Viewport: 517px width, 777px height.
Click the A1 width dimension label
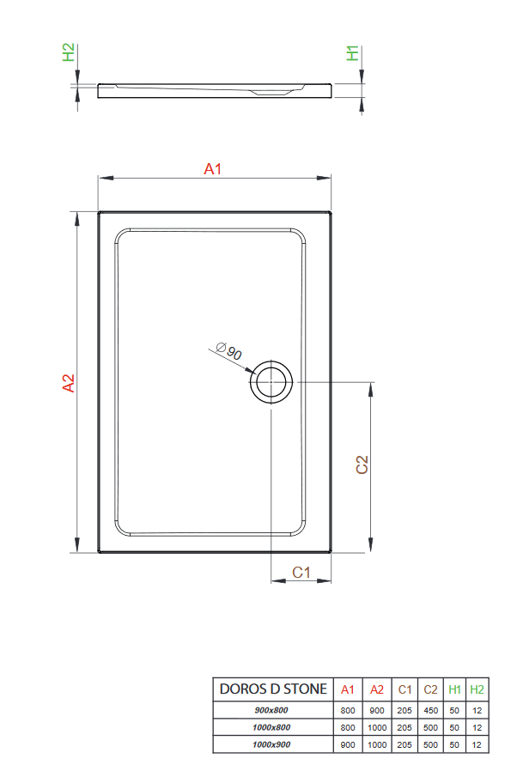point(213,170)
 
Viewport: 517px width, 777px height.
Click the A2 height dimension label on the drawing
point(70,383)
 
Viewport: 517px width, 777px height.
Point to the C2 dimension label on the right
point(362,464)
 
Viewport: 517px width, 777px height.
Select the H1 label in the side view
point(353,53)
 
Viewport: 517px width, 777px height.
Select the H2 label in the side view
point(69,52)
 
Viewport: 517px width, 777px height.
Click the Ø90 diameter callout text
point(228,350)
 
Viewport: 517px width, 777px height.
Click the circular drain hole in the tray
point(271,380)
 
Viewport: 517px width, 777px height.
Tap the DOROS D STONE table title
point(273,689)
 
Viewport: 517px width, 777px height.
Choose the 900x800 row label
point(272,710)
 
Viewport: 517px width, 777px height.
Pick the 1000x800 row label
point(272,727)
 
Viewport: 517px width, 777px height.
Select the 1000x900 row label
point(272,744)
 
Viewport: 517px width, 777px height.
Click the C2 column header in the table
point(430,689)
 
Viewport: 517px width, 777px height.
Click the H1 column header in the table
point(454,689)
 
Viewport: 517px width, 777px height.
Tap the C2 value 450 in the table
point(430,710)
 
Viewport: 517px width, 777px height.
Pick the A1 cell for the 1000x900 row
point(348,744)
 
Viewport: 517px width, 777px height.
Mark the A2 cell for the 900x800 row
point(377,710)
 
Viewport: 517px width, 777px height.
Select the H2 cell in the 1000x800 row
point(477,727)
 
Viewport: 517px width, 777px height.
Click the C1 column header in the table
point(404,689)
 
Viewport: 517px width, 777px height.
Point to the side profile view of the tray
point(215,89)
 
